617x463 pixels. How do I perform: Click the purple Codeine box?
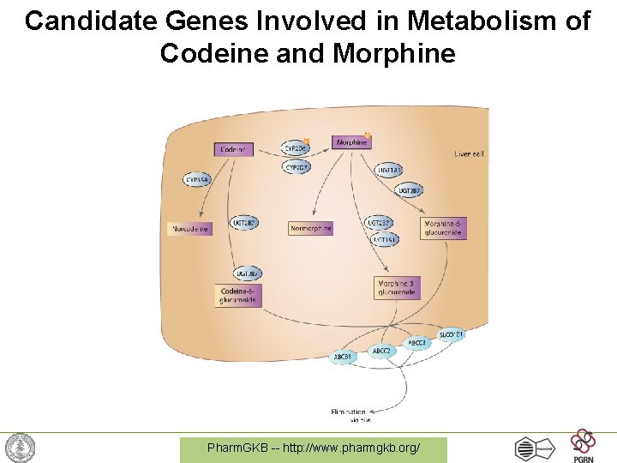click(x=233, y=149)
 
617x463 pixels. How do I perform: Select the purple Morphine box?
click(x=351, y=142)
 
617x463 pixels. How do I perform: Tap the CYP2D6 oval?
click(x=296, y=148)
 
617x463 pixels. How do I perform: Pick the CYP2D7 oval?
click(x=296, y=167)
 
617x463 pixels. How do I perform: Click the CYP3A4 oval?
click(x=198, y=180)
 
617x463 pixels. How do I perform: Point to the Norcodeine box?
click(x=189, y=229)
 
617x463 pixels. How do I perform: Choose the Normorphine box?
click(x=310, y=229)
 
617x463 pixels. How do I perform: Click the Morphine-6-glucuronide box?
click(x=444, y=228)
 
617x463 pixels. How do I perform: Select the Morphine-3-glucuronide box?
click(x=398, y=288)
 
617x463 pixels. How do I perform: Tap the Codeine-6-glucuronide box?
click(x=237, y=296)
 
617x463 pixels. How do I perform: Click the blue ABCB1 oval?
click(x=344, y=357)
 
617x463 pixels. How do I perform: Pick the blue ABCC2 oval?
click(x=381, y=352)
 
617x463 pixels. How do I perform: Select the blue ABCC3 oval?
click(x=417, y=343)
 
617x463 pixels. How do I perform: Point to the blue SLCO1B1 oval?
click(x=451, y=334)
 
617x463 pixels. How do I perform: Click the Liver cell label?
click(x=469, y=154)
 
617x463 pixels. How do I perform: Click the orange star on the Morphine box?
click(x=368, y=135)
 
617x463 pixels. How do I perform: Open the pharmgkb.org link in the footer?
click(x=314, y=448)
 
